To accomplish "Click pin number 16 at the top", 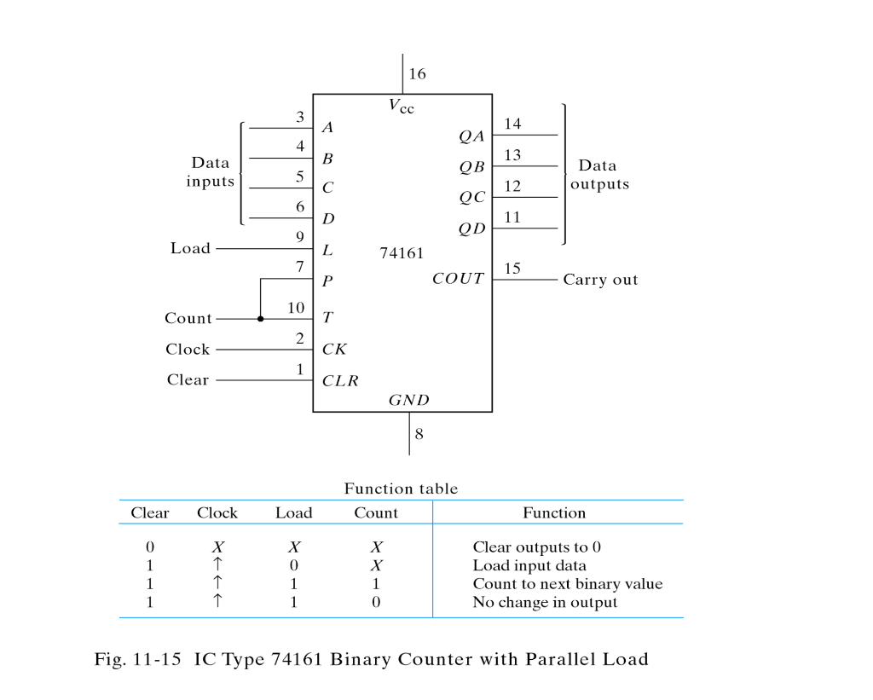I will pos(417,74).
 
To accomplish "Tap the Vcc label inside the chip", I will pos(402,106).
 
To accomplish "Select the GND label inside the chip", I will pos(409,400).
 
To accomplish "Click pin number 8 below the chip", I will pos(419,433).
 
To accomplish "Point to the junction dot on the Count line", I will pos(260,319).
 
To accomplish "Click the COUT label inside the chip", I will pos(458,279).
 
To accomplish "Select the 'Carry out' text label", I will pos(600,280).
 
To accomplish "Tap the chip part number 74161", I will pos(401,253).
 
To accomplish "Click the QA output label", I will pos(471,136).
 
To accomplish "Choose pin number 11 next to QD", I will pos(512,217).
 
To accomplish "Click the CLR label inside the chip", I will pos(340,381).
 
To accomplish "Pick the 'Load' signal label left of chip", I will pos(190,248).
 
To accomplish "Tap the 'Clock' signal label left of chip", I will pos(188,350).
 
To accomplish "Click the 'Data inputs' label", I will pos(211,172).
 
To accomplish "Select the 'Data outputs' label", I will pos(599,175).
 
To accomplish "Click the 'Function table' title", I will pos(401,489).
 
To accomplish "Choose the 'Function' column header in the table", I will pos(554,513).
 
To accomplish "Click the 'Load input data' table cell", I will pos(529,566).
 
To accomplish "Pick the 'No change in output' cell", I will pos(545,602).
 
